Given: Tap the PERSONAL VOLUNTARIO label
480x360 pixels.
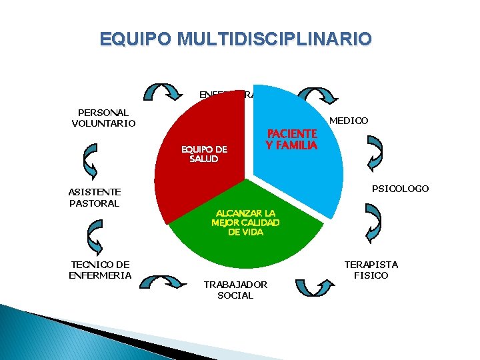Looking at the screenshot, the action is [x=103, y=118].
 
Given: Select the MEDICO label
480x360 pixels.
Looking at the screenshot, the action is [x=349, y=121].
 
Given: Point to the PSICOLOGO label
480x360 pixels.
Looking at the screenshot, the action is [x=400, y=189].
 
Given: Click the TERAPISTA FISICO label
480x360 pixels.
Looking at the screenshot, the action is [x=371, y=270].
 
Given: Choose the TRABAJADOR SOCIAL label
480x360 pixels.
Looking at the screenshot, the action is [x=235, y=290].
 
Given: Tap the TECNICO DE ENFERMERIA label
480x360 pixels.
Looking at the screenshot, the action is [x=100, y=270].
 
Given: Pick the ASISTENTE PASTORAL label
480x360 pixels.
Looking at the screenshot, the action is [x=93, y=197].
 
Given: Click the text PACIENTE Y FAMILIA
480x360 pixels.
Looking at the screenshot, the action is [x=291, y=140].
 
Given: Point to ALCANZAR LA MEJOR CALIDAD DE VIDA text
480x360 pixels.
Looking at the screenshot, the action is [x=245, y=223].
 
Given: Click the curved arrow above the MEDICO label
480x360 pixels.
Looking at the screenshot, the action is [x=313, y=97].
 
